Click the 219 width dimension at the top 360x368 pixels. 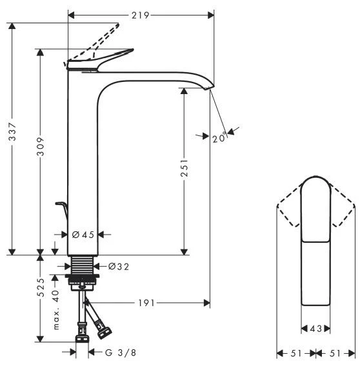(140, 15)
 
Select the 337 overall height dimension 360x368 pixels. (12, 131)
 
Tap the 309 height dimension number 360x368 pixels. (41, 147)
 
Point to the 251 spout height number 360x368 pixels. (185, 168)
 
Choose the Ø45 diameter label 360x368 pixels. (83, 235)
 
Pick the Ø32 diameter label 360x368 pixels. (119, 267)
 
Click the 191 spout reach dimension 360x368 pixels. (146, 303)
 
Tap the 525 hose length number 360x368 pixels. (41, 287)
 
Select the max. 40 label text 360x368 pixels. (56, 310)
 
